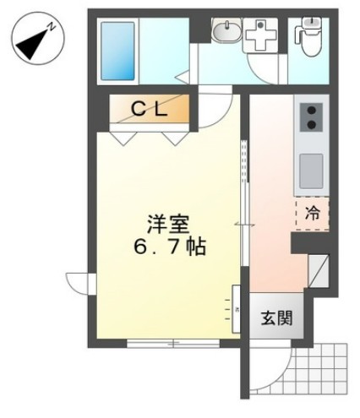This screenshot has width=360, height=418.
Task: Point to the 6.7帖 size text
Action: [167, 249]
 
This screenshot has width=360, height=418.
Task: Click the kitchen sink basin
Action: [310, 170]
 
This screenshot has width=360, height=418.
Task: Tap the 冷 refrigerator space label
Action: [311, 213]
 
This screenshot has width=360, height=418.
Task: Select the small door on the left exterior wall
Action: [78, 283]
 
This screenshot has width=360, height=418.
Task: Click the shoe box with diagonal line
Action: [318, 271]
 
